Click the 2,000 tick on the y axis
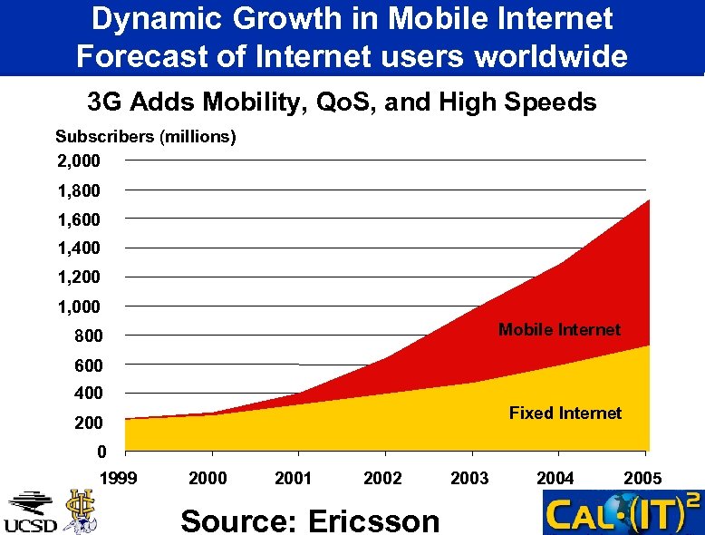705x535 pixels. tap(79, 161)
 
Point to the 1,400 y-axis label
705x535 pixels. tap(79, 248)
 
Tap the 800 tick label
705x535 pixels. tap(88, 336)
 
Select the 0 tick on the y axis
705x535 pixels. tap(101, 452)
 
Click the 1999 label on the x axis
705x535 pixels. tap(119, 478)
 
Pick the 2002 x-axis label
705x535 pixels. tap(383, 478)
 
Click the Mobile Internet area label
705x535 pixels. tap(559, 330)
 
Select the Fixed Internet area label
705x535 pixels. tap(565, 413)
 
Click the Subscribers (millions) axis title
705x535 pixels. tap(146, 137)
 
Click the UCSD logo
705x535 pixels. tap(31, 512)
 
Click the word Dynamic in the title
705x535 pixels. tap(150, 18)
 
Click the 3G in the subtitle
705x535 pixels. tap(105, 102)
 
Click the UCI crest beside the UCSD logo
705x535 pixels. tap(80, 511)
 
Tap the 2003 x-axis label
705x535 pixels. tap(469, 478)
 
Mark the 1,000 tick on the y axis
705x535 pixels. tap(79, 307)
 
